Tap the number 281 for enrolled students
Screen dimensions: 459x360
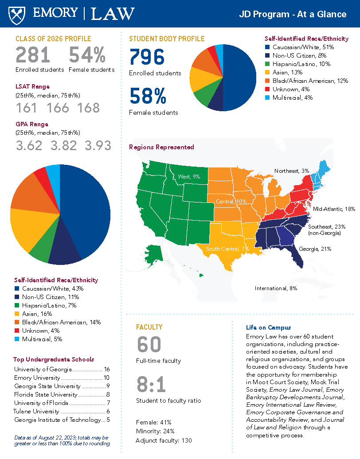point(33,55)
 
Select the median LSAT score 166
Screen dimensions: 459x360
point(58,108)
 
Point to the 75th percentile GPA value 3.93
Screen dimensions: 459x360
point(98,145)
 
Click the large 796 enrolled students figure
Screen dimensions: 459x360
point(147,57)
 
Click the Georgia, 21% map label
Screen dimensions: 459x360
point(315,249)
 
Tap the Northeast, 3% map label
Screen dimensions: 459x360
point(292,171)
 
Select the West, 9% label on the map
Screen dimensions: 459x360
point(189,176)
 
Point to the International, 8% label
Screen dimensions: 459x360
point(276,288)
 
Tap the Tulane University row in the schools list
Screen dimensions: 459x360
point(62,411)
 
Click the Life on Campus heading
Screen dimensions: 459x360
point(268,327)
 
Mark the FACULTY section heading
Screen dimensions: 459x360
point(149,327)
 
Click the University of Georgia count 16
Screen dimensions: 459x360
point(106,369)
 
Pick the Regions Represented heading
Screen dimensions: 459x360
point(161,147)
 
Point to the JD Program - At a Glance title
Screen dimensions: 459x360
point(293,14)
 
